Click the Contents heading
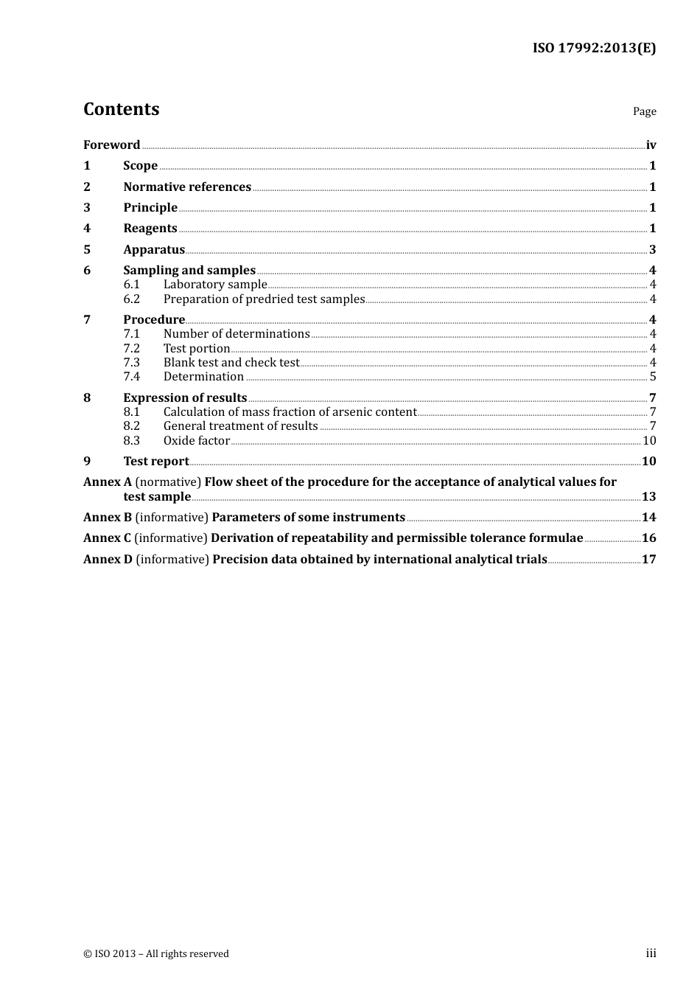click(121, 109)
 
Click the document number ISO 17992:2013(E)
click(594, 48)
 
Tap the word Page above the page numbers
click(644, 111)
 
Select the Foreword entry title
click(111, 145)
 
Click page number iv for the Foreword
click(651, 145)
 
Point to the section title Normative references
click(187, 187)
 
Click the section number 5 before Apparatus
click(87, 250)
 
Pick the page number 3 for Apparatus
click(652, 250)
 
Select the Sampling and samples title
click(189, 271)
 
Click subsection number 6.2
click(131, 299)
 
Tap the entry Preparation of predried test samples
click(264, 299)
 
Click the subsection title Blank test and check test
click(231, 363)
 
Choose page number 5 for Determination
click(652, 377)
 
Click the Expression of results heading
click(185, 398)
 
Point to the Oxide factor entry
click(197, 441)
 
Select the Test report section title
click(156, 462)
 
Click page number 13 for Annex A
click(648, 497)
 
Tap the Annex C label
click(107, 538)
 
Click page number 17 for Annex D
click(648, 560)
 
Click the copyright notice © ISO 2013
click(156, 954)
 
